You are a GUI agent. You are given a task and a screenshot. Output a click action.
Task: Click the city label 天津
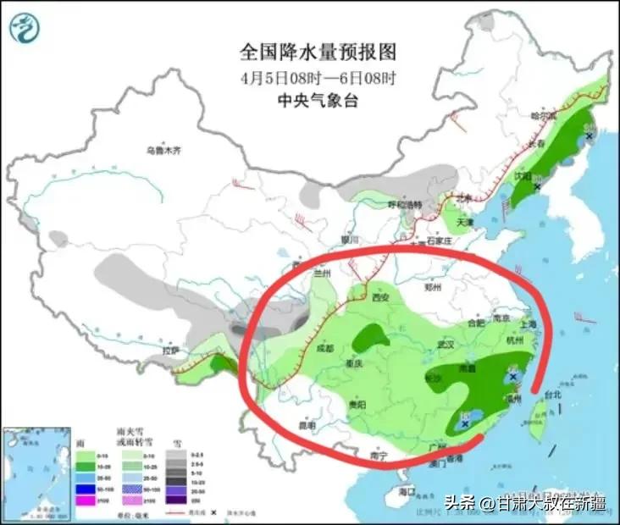(x=465, y=223)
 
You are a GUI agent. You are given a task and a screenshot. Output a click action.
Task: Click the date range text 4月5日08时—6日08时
(x=318, y=78)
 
